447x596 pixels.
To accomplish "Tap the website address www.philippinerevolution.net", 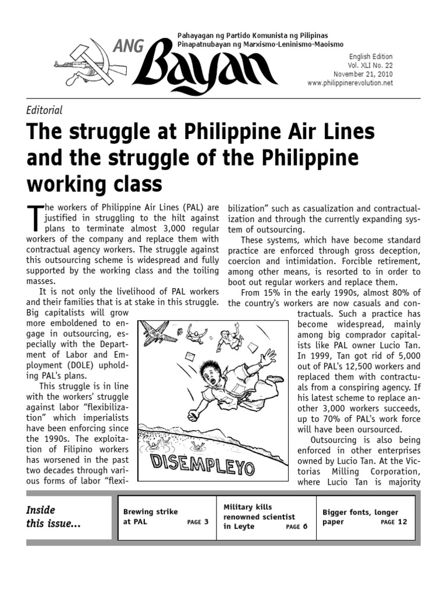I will (x=350, y=83).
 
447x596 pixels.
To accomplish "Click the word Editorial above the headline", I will (x=45, y=109).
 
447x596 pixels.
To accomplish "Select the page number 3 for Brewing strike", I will (x=205, y=522).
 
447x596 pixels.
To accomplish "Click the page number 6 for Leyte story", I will (x=304, y=527).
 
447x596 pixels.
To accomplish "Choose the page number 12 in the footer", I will (x=402, y=522).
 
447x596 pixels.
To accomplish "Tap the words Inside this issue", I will (x=54, y=517).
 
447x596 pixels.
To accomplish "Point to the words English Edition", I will (x=371, y=56).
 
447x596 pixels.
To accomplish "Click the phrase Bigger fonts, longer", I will (x=360, y=512).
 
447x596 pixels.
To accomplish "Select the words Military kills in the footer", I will (x=247, y=507).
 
